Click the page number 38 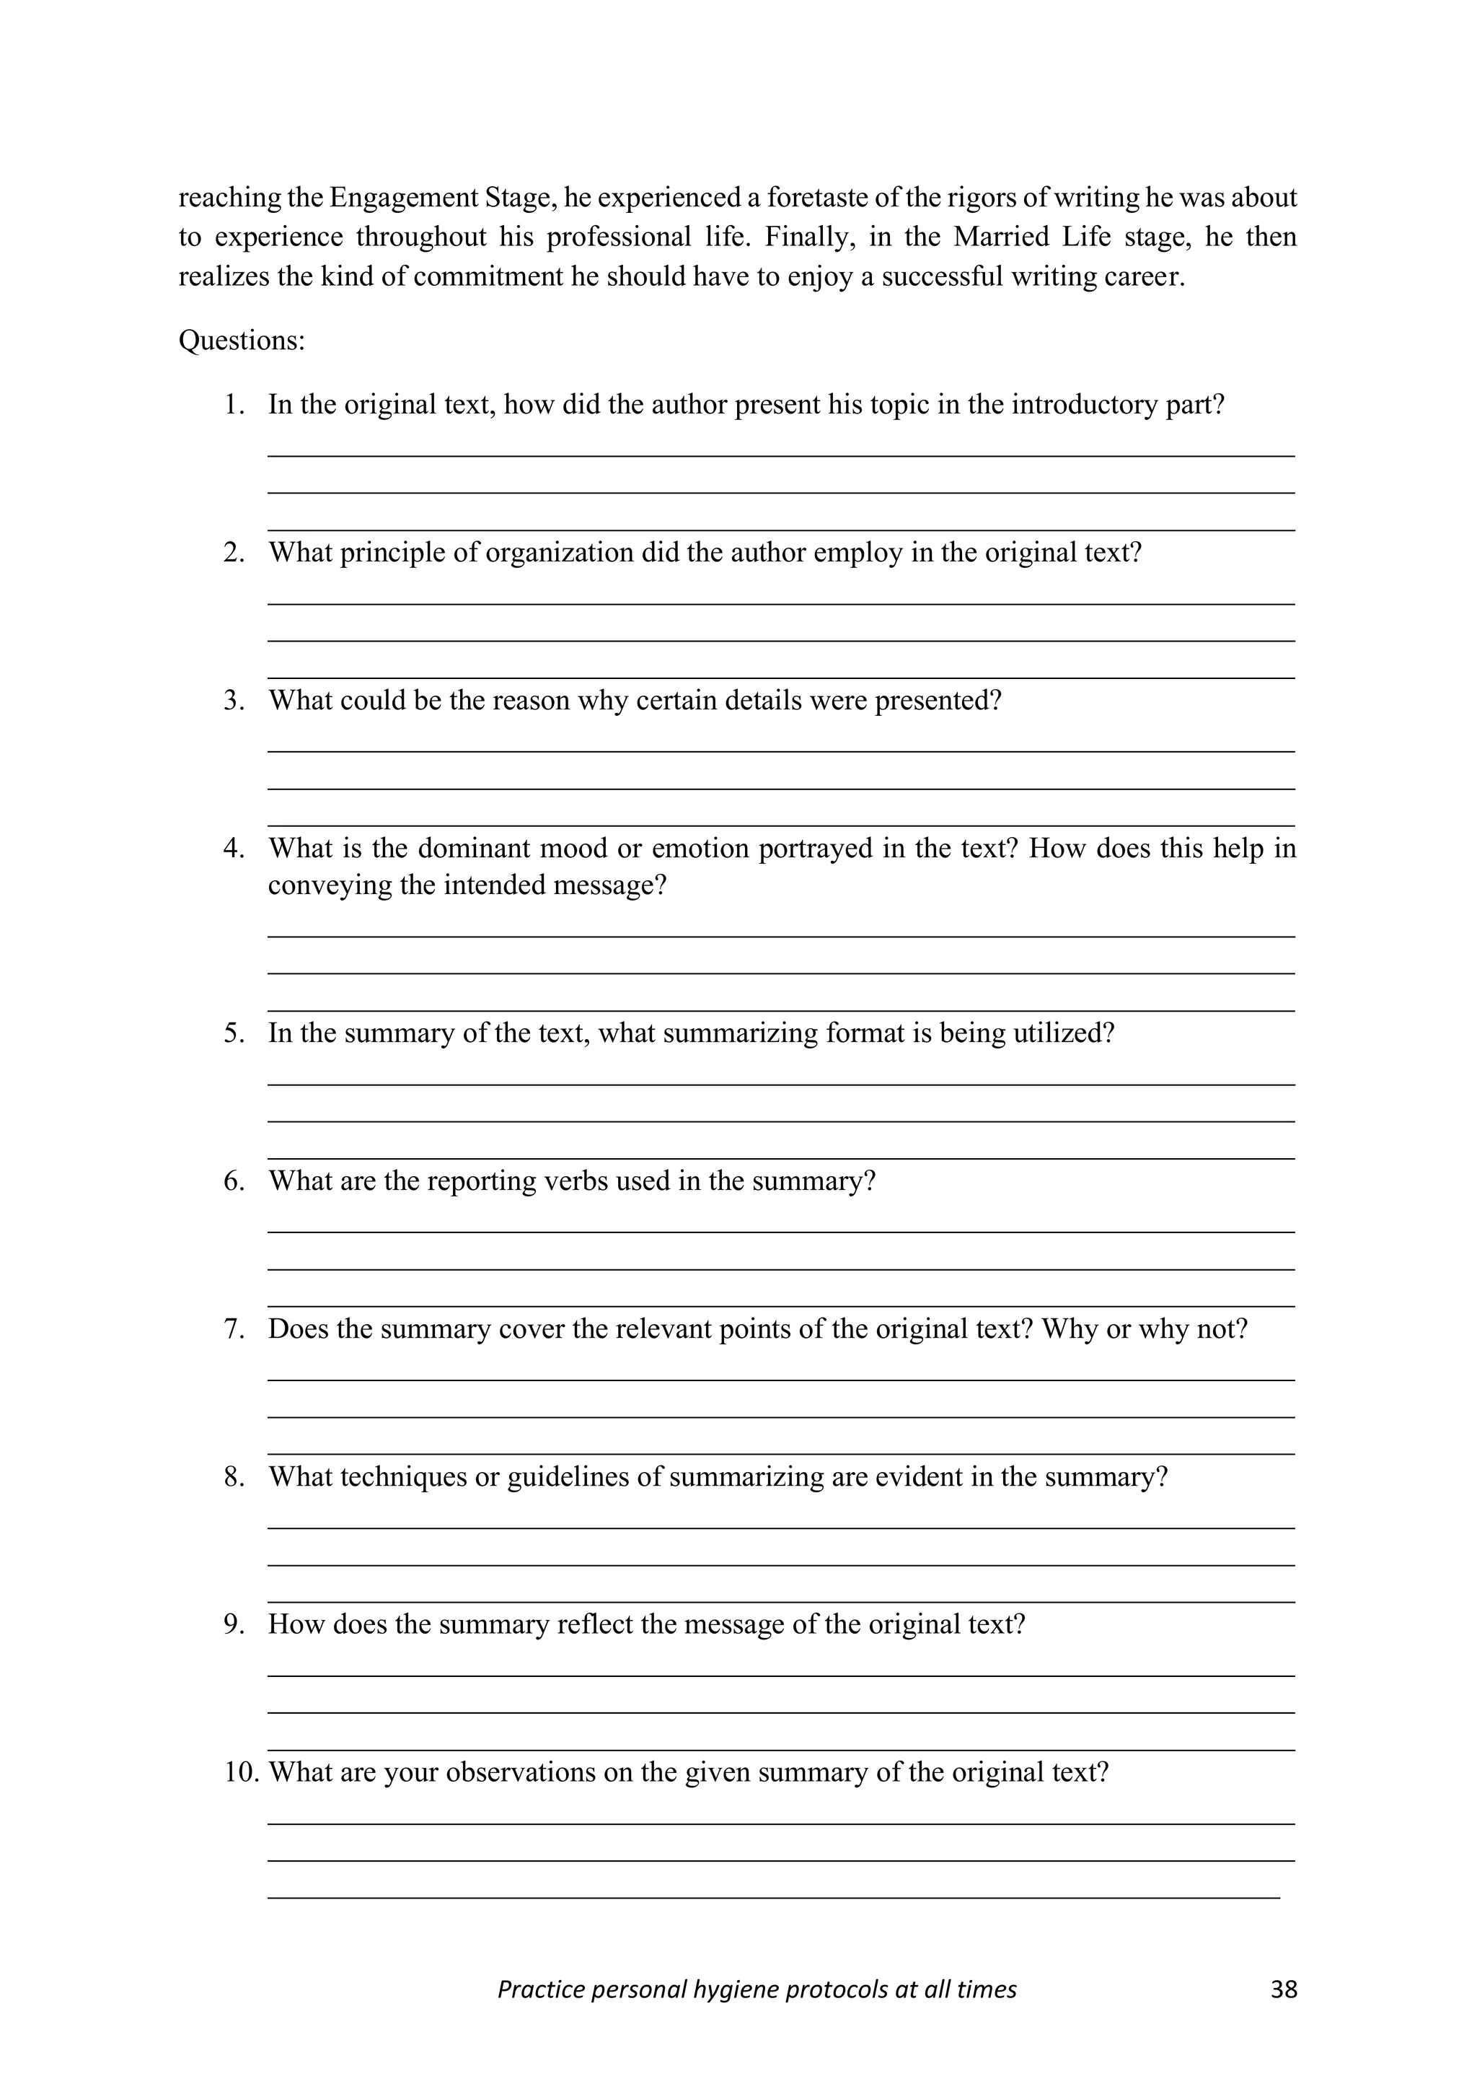click(x=1283, y=1989)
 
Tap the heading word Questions click(x=240, y=341)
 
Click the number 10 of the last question click(x=240, y=1772)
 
